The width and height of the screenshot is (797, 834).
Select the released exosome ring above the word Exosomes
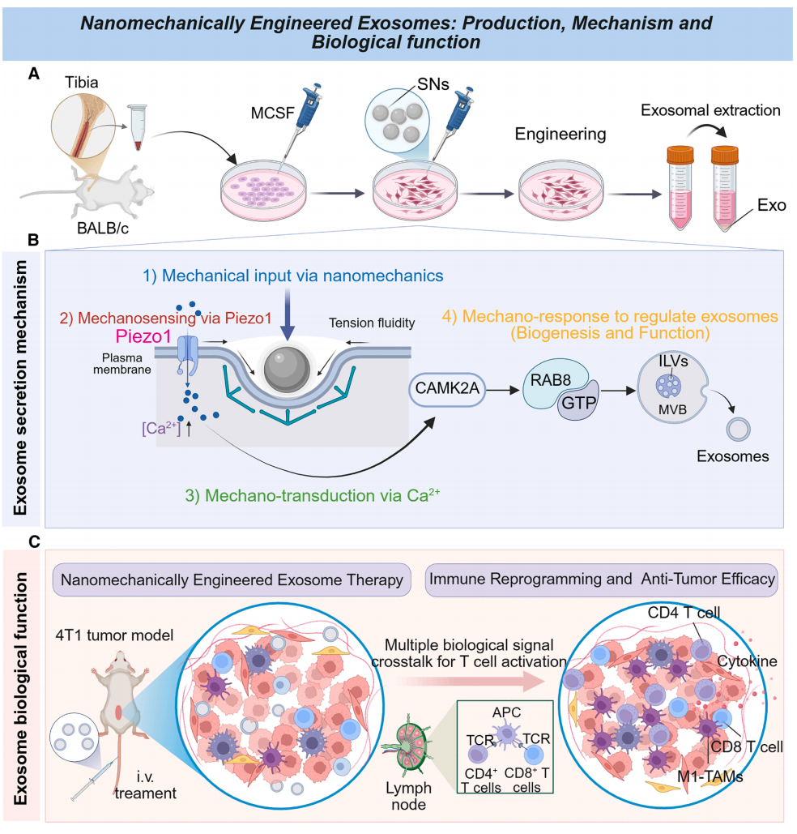pyautogui.click(x=737, y=430)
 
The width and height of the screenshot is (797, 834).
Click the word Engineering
pyautogui.click(x=560, y=133)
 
